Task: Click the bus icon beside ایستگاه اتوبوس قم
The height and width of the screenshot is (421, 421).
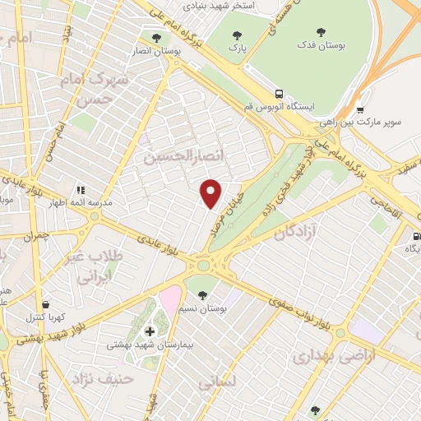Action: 280,94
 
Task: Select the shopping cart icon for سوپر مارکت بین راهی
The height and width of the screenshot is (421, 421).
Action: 360,110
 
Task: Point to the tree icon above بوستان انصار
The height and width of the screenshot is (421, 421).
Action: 156,36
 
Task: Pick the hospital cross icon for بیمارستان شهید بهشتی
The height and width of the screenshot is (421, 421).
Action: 149,331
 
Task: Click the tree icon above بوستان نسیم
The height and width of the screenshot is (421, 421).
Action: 202,294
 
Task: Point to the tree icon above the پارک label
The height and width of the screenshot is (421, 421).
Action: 238,35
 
